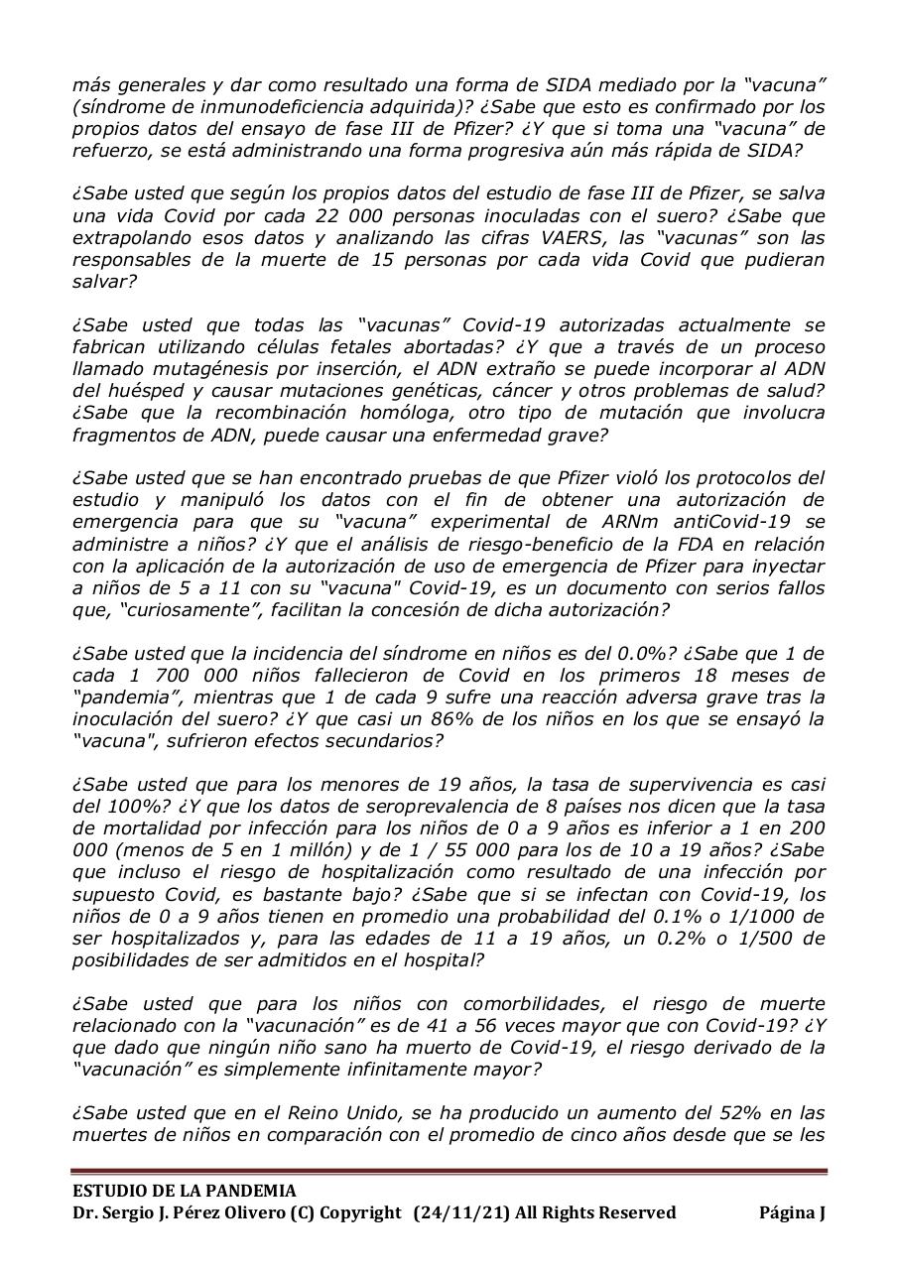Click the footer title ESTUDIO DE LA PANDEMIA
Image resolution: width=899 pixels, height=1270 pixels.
point(184,1191)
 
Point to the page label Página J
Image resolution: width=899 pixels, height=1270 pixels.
point(792,1212)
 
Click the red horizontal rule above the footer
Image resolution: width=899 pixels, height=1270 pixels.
point(449,1172)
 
